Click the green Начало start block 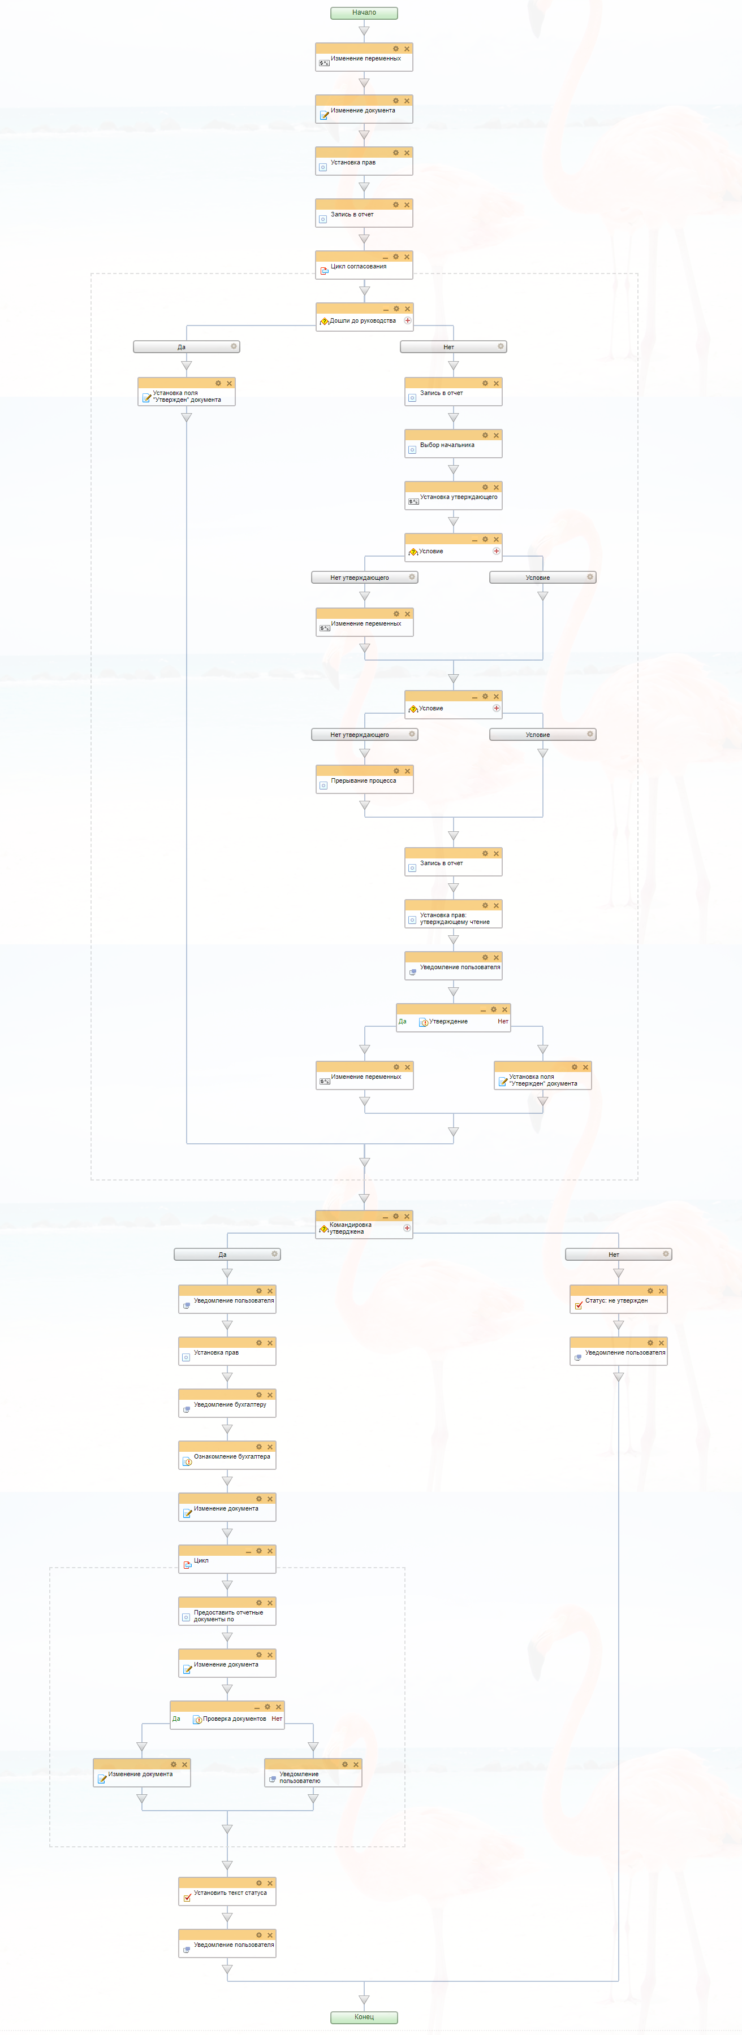(364, 12)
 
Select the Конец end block (364, 2017)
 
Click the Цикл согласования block (364, 266)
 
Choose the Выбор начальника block (453, 445)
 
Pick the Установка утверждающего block (453, 498)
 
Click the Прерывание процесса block (364, 782)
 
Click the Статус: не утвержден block (618, 1301)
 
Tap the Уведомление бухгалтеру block (227, 1405)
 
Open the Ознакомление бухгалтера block (227, 1457)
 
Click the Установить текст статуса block (227, 1894)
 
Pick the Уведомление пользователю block (312, 1777)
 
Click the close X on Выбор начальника (496, 435)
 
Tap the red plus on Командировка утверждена (407, 1229)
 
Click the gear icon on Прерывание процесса (396, 771)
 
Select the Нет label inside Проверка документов (277, 1719)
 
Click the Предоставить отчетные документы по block (227, 1616)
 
